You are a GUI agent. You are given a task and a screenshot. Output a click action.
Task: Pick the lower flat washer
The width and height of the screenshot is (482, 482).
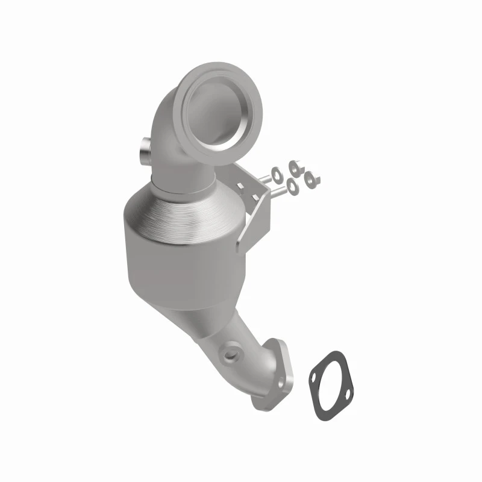[292, 188]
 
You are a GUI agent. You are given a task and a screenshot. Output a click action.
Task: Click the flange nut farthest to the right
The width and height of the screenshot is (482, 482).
[312, 177]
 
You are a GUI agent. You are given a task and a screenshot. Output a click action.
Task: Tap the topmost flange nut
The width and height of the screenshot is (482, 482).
[295, 166]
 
